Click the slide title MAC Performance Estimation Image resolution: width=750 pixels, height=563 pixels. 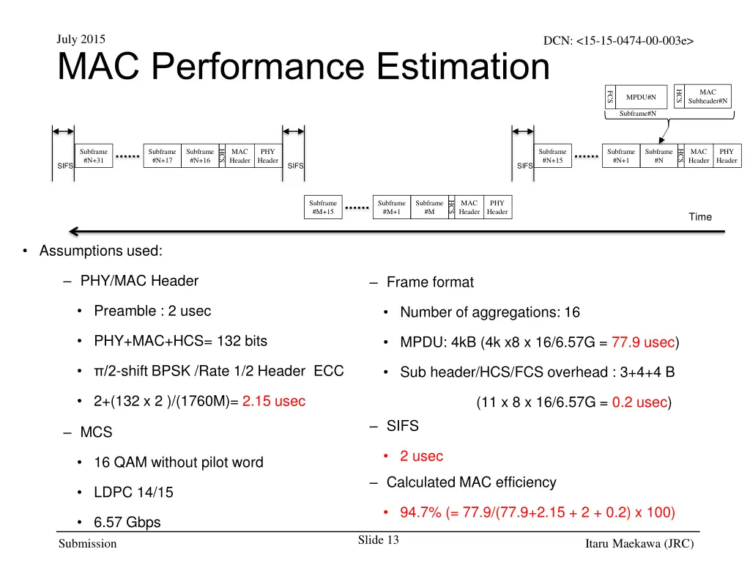303,67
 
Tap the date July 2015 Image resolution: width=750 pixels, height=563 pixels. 81,40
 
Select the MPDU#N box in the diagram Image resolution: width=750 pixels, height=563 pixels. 641,97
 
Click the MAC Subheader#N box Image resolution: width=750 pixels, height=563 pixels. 707,97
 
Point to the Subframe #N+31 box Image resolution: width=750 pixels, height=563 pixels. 93,156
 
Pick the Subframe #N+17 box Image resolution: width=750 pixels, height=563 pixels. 162,156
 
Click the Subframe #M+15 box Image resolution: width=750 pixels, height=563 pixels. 322,207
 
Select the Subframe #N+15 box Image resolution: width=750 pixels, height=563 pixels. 552,156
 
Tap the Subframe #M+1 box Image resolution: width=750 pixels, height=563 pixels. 391,207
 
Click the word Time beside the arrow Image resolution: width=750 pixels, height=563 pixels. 700,217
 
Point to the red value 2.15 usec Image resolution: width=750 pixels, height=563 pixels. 274,402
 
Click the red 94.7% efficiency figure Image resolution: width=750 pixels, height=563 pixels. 415,512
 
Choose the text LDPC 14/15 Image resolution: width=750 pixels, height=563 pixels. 133,493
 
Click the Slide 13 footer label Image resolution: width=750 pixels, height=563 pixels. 378,541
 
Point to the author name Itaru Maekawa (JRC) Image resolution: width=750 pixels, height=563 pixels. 639,543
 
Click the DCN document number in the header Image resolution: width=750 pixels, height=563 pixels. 618,42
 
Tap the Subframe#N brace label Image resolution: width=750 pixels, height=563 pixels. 637,114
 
